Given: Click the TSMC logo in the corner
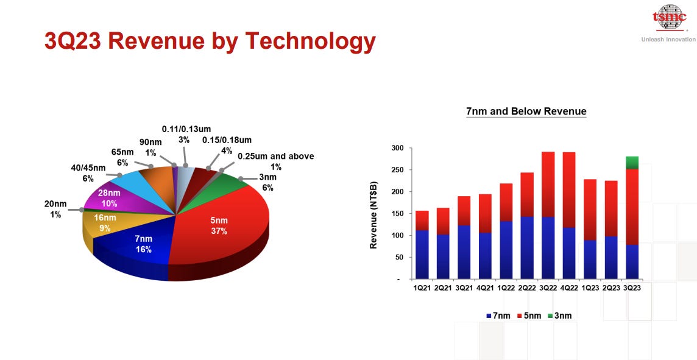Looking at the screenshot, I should pyautogui.click(x=669, y=18).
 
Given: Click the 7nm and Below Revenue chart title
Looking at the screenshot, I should pyautogui.click(x=526, y=111).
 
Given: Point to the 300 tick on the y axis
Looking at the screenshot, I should pyautogui.click(x=397, y=148).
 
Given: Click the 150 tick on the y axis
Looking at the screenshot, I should pyautogui.click(x=397, y=213).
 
